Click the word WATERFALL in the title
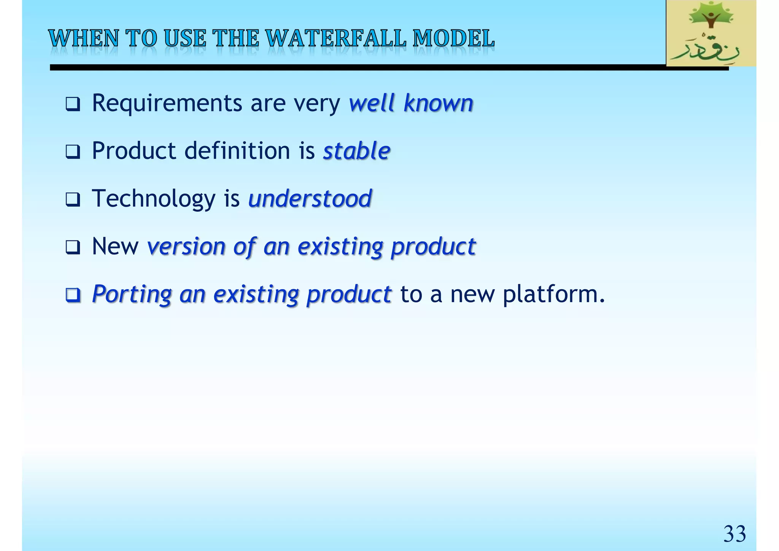tap(336, 39)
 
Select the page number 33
tap(734, 534)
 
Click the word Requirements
tap(167, 103)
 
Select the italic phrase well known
tap(411, 103)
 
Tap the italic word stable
tap(356, 151)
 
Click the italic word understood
tap(310, 199)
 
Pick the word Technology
tap(154, 199)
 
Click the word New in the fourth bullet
tap(115, 246)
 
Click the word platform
tap(553, 294)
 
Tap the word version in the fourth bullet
tap(186, 246)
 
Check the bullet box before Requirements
tap(73, 104)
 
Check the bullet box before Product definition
tap(73, 152)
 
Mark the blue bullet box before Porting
tap(73, 295)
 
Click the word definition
tap(237, 151)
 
